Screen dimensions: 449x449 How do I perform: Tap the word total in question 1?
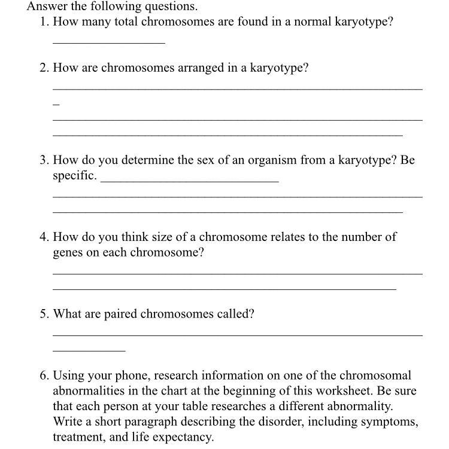point(128,22)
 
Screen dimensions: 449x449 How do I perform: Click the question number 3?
point(44,160)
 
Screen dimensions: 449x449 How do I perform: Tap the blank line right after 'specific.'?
point(190,180)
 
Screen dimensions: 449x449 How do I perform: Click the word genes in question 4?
point(68,252)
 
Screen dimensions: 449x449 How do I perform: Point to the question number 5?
point(44,314)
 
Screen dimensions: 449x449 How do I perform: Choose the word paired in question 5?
point(121,314)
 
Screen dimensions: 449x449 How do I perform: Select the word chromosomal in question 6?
point(375,376)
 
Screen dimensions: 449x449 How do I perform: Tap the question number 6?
point(44,376)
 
